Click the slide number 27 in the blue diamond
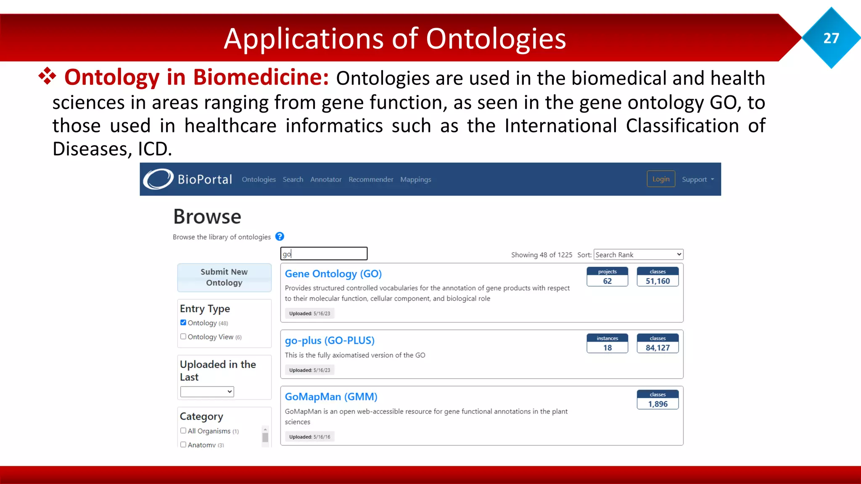pyautogui.click(x=831, y=38)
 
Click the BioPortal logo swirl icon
pyautogui.click(x=158, y=179)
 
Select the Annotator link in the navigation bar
pyautogui.click(x=326, y=179)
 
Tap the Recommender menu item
pyautogui.click(x=371, y=179)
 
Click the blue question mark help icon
pyautogui.click(x=280, y=237)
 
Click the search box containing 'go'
pyautogui.click(x=324, y=254)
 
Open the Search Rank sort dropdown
pyautogui.click(x=638, y=255)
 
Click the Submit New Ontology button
pyautogui.click(x=224, y=277)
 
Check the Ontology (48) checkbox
pyautogui.click(x=183, y=323)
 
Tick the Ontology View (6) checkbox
pyautogui.click(x=183, y=337)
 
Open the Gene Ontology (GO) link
pyautogui.click(x=333, y=274)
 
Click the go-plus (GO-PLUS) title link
pyautogui.click(x=330, y=340)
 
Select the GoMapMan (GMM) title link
pyautogui.click(x=331, y=397)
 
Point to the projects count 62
pyautogui.click(x=607, y=281)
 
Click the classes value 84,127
pyautogui.click(x=658, y=348)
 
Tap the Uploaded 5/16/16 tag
pyautogui.click(x=309, y=437)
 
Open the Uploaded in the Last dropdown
pyautogui.click(x=207, y=392)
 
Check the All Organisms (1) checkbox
pyautogui.click(x=183, y=431)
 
